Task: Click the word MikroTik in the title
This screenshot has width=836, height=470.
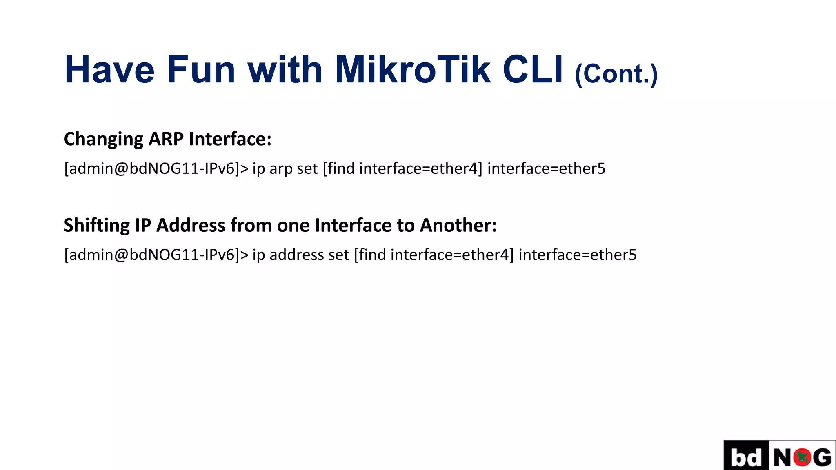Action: click(x=412, y=70)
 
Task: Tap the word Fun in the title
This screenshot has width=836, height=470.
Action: click(x=201, y=70)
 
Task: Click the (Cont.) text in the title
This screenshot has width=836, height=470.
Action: click(x=616, y=74)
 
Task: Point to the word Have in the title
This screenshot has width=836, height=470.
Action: click(x=109, y=70)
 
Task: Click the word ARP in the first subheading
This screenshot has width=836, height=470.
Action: click(x=166, y=139)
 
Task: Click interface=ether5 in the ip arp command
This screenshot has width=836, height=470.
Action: click(x=546, y=168)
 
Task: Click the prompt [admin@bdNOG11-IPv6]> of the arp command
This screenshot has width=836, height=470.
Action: click(x=156, y=168)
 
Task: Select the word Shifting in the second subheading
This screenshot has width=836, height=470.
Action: click(x=97, y=226)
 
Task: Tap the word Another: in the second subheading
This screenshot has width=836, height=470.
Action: click(x=458, y=225)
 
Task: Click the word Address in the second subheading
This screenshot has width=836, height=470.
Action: click(x=191, y=225)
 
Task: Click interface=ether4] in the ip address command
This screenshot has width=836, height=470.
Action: click(x=452, y=255)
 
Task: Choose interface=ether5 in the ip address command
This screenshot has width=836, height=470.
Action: click(x=578, y=255)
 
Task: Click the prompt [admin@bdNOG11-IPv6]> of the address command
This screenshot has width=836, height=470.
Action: click(x=156, y=255)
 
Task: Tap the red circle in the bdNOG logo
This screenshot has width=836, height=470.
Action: click(x=802, y=457)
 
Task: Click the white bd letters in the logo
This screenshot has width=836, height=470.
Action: click(x=746, y=457)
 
